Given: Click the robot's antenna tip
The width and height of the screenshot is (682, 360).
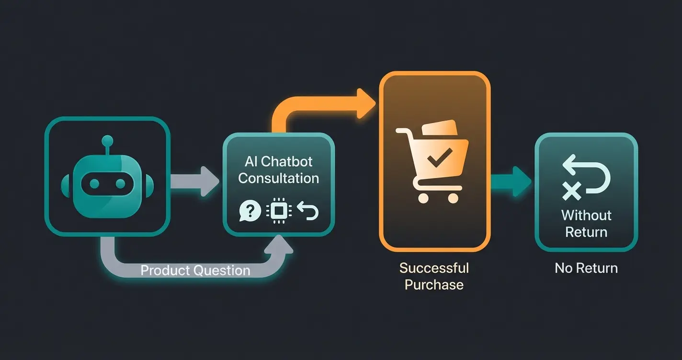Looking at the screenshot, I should (107, 140).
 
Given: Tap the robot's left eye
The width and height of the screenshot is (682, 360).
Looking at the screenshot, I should (94, 183).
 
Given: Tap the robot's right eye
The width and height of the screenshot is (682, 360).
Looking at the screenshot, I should (121, 183).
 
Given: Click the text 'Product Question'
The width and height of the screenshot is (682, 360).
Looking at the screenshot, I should (195, 270).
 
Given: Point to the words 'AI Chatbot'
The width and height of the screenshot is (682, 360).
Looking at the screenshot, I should (278, 161).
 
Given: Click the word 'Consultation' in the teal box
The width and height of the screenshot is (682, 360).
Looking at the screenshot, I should (278, 178).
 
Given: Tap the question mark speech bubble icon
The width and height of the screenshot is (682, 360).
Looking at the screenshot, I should (250, 211).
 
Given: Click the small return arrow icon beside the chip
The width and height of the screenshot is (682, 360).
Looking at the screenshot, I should (307, 211).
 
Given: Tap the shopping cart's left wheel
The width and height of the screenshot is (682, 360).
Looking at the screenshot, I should (423, 197).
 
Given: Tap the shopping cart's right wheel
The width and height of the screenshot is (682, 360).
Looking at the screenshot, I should (452, 197).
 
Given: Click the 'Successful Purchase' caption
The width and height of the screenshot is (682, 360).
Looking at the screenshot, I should (434, 276).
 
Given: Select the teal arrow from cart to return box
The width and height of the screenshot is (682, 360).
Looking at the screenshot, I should (511, 181).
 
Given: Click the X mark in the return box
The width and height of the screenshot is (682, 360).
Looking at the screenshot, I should (571, 191).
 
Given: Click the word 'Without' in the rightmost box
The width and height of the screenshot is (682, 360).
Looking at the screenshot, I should (586, 215).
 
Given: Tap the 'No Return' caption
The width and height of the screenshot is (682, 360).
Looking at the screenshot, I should (586, 268).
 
